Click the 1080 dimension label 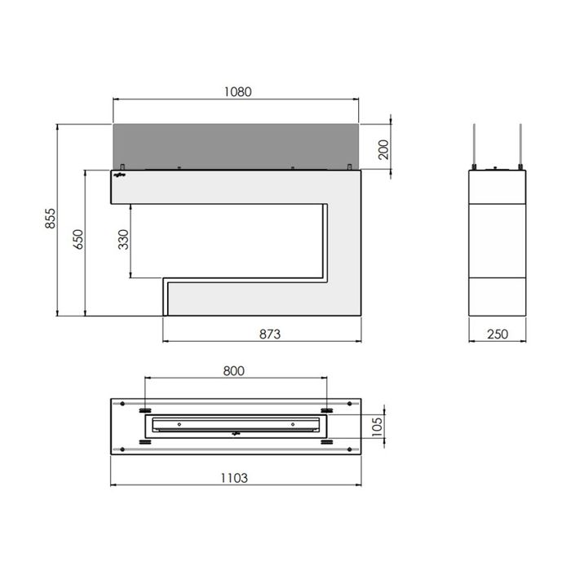click(237, 91)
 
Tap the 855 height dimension click(51, 219)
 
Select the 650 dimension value click(78, 239)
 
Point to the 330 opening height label click(123, 239)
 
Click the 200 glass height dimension click(383, 149)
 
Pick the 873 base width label click(270, 334)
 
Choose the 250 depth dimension click(498, 334)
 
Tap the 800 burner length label click(234, 370)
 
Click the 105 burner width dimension click(378, 427)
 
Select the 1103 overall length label click(234, 478)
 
